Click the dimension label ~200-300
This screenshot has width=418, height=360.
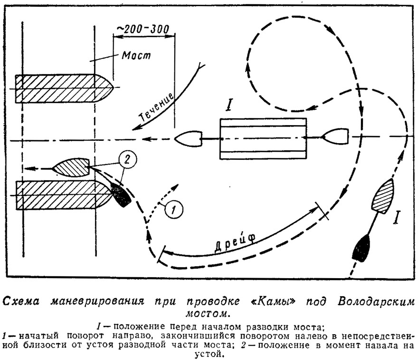(x=143, y=29)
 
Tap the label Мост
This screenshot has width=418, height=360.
(x=136, y=55)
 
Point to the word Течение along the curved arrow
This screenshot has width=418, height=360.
(x=156, y=107)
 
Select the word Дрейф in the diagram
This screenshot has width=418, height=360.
(x=235, y=242)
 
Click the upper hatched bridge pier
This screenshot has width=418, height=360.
(x=65, y=88)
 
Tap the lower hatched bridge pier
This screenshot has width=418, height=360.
(x=64, y=195)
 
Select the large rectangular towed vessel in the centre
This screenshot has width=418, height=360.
(x=263, y=139)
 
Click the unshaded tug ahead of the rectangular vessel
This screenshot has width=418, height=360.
(x=188, y=139)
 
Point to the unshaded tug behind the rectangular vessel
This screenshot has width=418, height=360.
(x=335, y=136)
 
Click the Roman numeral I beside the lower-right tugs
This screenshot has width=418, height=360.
(x=398, y=217)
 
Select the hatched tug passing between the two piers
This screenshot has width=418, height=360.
(x=71, y=167)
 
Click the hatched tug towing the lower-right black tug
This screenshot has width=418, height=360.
(x=383, y=196)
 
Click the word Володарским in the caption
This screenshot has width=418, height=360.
(x=376, y=302)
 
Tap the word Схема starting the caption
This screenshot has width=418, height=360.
(x=21, y=302)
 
